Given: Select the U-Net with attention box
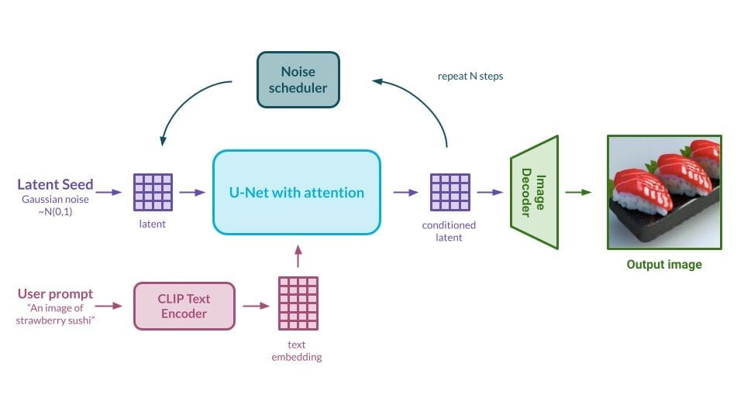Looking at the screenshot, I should (297, 193).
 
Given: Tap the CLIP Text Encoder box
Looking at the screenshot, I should (184, 306).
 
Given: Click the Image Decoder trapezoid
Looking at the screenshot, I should (534, 193).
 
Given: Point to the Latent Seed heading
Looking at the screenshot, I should (56, 184).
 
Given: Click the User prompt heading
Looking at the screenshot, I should (55, 294).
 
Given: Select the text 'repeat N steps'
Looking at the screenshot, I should (470, 77).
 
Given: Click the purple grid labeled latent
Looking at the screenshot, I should (153, 193).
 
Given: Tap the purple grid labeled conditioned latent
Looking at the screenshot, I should (449, 193).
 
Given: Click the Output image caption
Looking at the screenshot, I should (664, 265).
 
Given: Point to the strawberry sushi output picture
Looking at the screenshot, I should (664, 192).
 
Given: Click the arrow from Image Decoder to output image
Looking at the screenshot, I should (580, 193).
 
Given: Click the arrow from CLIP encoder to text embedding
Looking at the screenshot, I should (256, 306).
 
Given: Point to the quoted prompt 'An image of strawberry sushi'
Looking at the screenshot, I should (55, 314).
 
